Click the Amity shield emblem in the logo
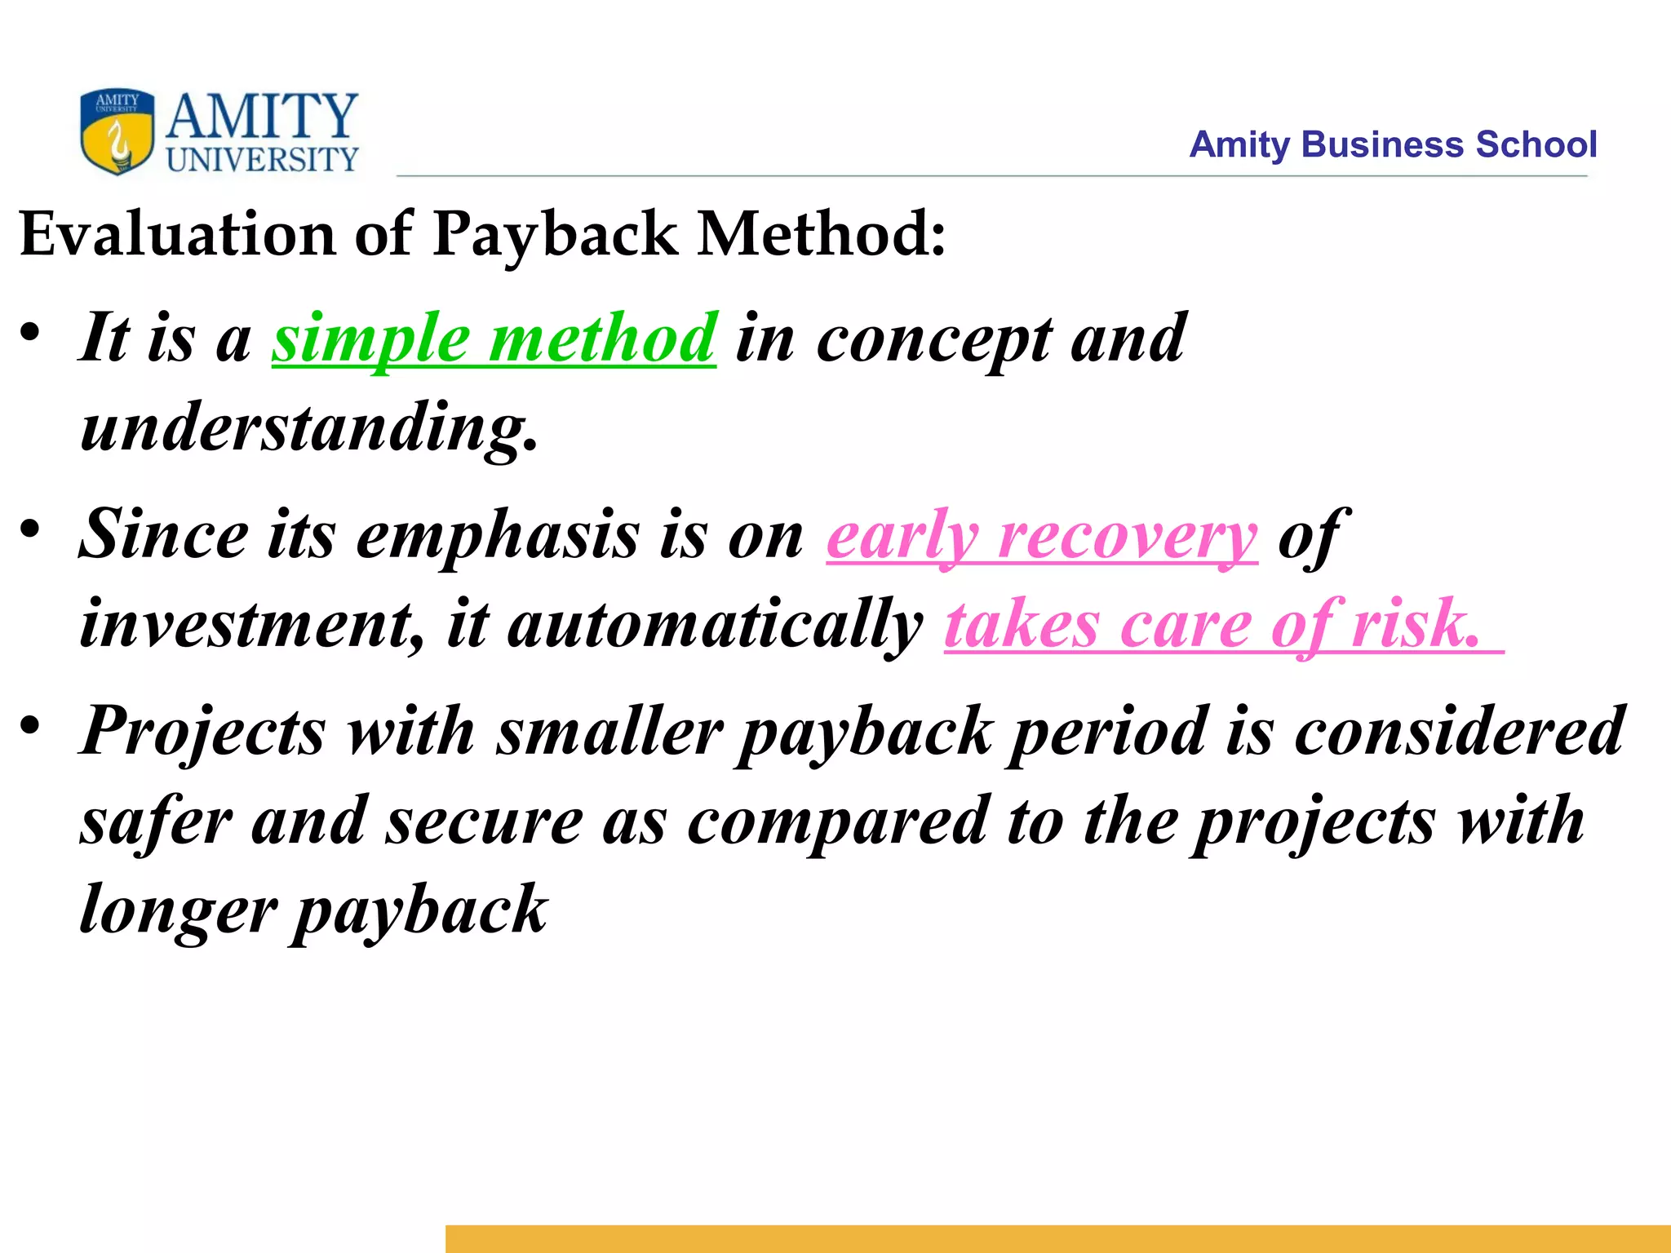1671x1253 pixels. tap(117, 131)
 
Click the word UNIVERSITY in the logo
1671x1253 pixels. tap(262, 160)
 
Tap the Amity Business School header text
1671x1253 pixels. tap(1392, 144)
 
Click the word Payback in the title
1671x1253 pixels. tap(554, 234)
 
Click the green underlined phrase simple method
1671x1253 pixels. tap(494, 339)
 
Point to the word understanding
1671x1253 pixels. tap(308, 427)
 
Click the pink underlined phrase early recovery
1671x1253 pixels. tap(1041, 536)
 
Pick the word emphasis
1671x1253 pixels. tap(498, 536)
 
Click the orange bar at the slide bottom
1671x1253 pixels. tap(1057, 1238)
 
